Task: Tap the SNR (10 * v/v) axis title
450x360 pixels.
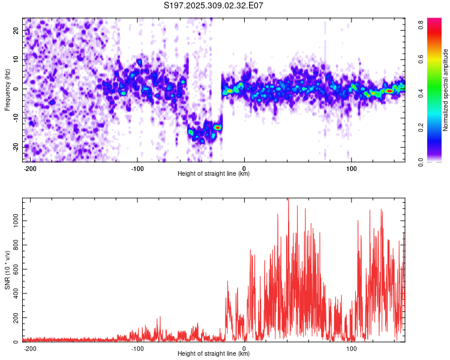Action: pyautogui.click(x=7, y=270)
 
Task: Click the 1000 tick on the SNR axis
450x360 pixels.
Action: pyautogui.click(x=13, y=221)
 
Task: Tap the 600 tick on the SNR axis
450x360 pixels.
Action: pyautogui.click(x=14, y=269)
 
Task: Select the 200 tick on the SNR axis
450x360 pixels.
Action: pyautogui.click(x=14, y=318)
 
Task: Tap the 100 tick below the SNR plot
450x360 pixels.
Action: pyautogui.click(x=350, y=348)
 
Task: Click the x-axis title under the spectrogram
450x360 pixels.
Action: pyautogui.click(x=214, y=174)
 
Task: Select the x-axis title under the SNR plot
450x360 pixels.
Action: pyautogui.click(x=214, y=354)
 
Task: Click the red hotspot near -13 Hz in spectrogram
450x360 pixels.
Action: pyautogui.click(x=218, y=127)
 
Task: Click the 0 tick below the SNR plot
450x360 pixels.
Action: pyautogui.click(x=244, y=348)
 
